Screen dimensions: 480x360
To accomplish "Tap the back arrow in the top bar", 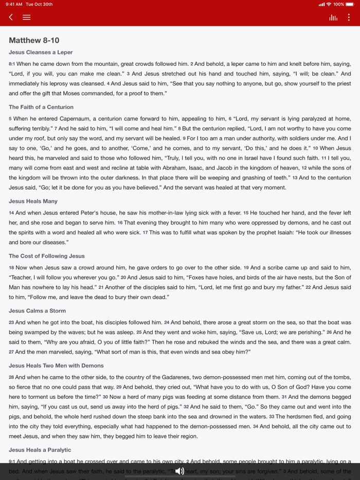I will click(11, 17).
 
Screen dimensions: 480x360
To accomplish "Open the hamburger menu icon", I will click(27, 17).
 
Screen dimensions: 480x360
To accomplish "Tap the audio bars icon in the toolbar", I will click(333, 17).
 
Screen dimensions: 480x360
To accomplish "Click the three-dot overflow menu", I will click(349, 17).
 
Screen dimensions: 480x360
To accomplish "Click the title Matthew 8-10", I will click(34, 40).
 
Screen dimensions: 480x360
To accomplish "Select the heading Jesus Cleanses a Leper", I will click(41, 52).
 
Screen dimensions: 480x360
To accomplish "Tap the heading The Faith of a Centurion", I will click(41, 107).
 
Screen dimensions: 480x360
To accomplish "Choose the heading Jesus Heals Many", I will click(33, 201).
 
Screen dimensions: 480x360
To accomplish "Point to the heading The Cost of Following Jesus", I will click(47, 256).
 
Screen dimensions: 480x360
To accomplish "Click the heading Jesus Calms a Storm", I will click(38, 310).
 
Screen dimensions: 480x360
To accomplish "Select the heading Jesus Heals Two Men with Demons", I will click(56, 365).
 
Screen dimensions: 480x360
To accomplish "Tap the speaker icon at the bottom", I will click(179, 471).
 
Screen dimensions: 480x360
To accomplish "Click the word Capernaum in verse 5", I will click(74, 119).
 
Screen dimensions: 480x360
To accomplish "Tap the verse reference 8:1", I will click(12, 64).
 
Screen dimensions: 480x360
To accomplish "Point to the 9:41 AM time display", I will click(14, 4).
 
